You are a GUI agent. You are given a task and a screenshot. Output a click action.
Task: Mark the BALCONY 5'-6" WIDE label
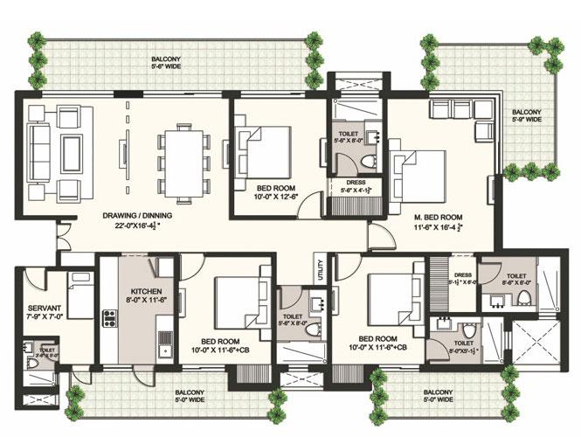click(164, 60)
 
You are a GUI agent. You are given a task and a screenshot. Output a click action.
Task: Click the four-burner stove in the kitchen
click(111, 316)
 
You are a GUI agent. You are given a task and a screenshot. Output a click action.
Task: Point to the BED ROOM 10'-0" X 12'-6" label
click(275, 192)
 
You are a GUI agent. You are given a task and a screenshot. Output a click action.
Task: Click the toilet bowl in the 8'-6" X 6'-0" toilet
click(524, 300)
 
